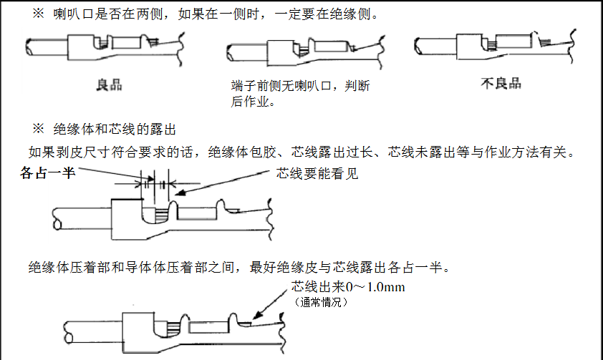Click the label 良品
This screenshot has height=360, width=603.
tap(109, 84)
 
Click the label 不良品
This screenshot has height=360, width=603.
tap(501, 83)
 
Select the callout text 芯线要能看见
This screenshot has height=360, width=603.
tap(317, 173)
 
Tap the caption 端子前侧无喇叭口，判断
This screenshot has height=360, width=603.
tap(301, 87)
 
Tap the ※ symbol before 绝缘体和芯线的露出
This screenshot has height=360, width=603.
tap(38, 130)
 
